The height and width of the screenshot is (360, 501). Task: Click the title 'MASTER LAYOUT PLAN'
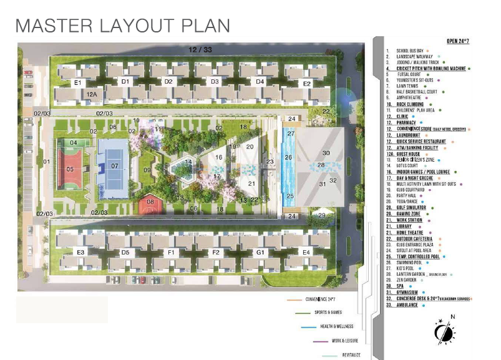coord(123,26)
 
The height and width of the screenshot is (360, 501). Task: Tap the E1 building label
coord(78,82)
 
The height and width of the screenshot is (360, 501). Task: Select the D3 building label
coord(214,82)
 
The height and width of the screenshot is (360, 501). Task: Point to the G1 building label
coord(260,252)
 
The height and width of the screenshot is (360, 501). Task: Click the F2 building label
coord(216,252)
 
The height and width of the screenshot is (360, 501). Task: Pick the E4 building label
coord(306,252)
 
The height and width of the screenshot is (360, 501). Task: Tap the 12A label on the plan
coord(92,94)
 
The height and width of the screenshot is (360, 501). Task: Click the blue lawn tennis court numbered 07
coord(114,166)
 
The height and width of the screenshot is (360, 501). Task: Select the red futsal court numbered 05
coord(71,169)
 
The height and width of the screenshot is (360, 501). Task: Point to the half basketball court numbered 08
coord(150,202)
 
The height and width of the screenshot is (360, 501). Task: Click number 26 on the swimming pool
coord(288,158)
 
